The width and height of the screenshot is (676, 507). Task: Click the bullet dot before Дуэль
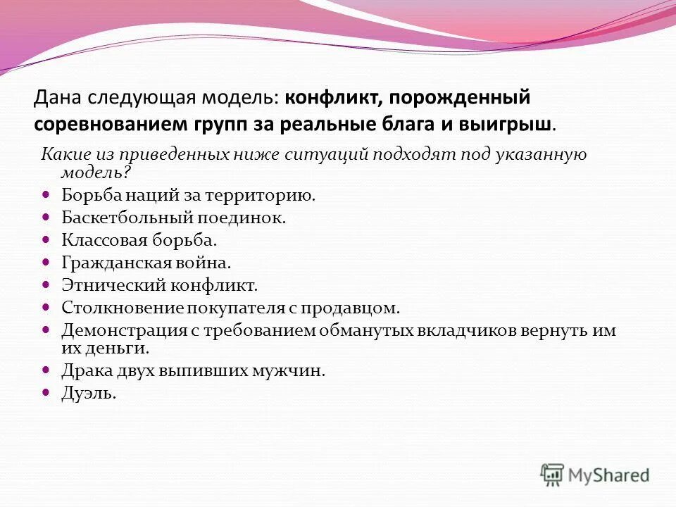click(46, 392)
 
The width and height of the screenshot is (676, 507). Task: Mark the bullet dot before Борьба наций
click(46, 194)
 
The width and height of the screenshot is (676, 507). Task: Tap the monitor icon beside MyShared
click(553, 475)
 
